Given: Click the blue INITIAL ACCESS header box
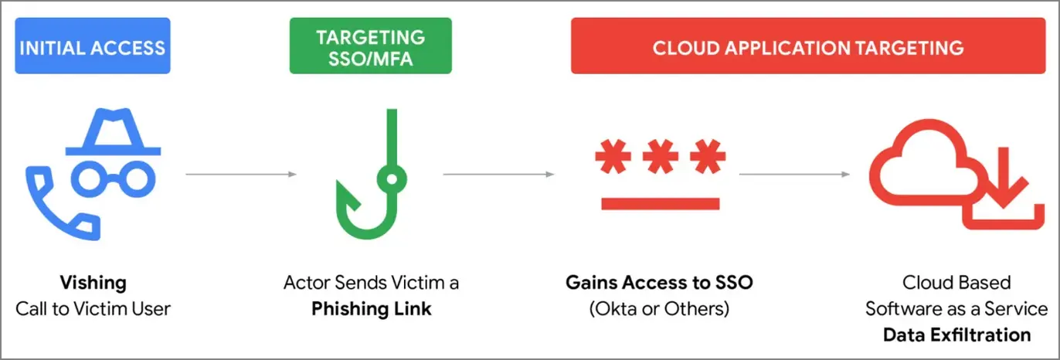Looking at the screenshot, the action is click(93, 46).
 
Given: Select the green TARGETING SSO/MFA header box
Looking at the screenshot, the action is click(371, 46).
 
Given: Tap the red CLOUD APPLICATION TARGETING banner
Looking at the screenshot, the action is click(808, 46).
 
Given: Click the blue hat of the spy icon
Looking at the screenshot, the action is click(113, 132).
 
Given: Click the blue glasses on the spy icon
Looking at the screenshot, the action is click(113, 179).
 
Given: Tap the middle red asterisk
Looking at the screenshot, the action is click(660, 156).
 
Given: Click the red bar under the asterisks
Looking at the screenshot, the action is click(660, 204).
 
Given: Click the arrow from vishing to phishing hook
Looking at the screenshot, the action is click(241, 174).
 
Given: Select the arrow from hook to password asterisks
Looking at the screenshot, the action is click(498, 174).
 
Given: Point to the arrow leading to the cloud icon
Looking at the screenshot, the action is click(794, 174).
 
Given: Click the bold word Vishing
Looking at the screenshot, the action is click(93, 283).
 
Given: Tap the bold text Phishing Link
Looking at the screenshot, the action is click(372, 309).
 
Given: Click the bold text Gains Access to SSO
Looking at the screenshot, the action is click(659, 283).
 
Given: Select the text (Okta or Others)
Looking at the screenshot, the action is click(659, 309).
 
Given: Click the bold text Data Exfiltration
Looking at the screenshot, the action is click(956, 335).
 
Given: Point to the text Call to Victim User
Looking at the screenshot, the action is click(93, 309).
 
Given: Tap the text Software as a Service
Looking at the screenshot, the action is click(956, 309).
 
